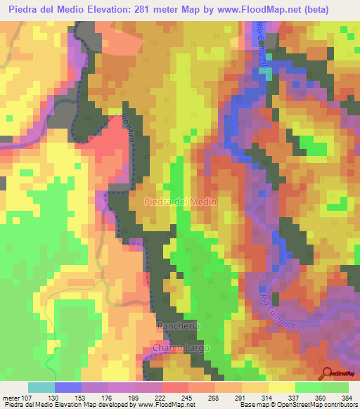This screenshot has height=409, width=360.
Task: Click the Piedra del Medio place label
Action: click(x=181, y=202)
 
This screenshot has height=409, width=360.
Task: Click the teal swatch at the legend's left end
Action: click(x=41, y=387)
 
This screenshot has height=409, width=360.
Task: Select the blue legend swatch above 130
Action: click(x=67, y=387)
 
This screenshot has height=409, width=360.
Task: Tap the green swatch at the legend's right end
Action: click(x=335, y=387)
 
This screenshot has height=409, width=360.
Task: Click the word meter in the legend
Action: click(x=13, y=397)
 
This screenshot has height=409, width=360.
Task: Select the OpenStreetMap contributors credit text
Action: click(x=310, y=405)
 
